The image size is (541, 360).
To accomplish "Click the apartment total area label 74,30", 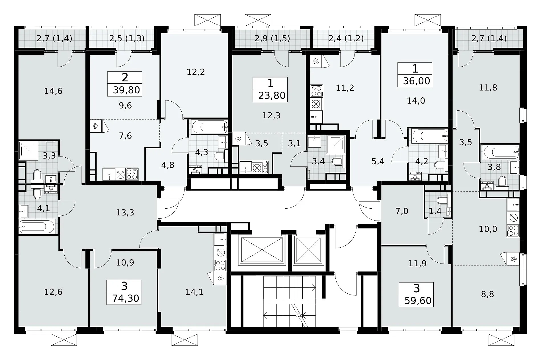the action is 126,298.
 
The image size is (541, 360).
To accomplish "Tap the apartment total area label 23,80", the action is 272,95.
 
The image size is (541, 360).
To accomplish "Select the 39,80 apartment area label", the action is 126,90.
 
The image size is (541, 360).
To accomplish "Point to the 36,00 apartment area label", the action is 417,81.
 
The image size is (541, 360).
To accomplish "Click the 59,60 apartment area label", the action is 418,301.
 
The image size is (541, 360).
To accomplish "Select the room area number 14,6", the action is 53,91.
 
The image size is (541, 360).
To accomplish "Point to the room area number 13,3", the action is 125,212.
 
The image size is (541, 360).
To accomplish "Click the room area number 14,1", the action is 194,292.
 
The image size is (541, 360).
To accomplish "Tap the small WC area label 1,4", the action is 435,211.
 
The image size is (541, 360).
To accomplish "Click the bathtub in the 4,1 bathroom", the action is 37,227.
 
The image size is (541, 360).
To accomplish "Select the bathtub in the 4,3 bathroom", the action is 210,127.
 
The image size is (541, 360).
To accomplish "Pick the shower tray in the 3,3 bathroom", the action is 28,151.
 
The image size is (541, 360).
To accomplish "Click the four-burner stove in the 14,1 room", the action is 220,265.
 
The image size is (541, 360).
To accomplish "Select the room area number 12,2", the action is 196,72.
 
